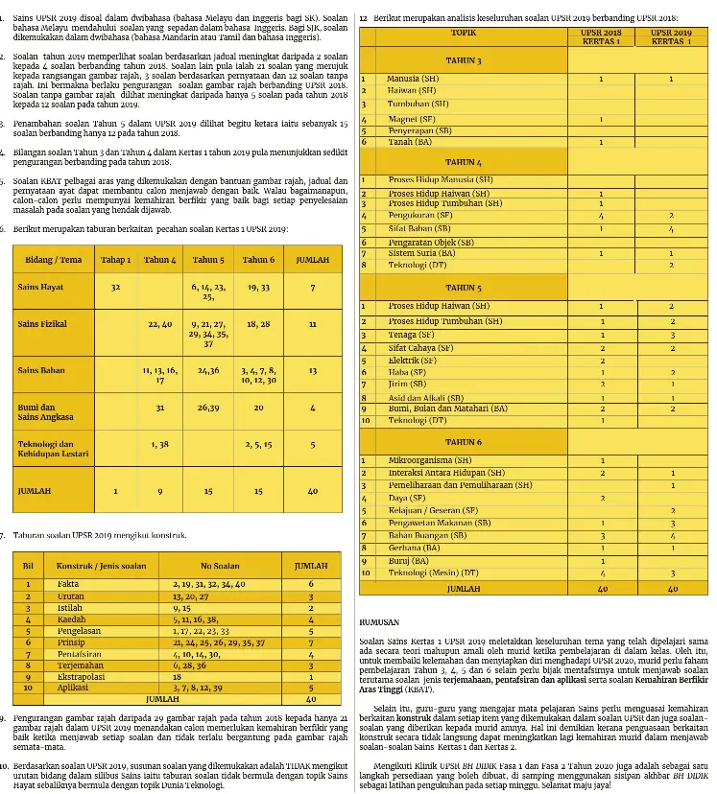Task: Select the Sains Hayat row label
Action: click(41, 287)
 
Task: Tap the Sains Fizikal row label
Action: click(43, 325)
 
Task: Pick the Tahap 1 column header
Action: click(116, 260)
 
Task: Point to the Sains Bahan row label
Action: click(42, 369)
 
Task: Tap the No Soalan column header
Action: click(220, 566)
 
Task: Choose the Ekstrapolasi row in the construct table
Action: click(82, 675)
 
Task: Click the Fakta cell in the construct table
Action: click(68, 583)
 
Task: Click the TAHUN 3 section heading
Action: click(464, 60)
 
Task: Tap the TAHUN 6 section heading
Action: click(464, 442)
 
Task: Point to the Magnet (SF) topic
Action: click(411, 120)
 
